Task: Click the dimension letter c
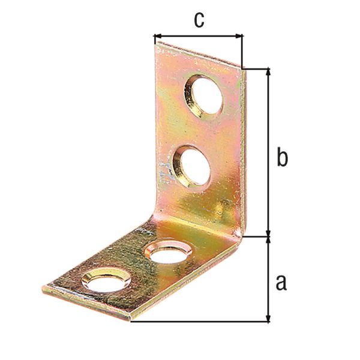pos(199,19)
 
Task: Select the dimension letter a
pos(281,281)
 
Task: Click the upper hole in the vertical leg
pos(203,95)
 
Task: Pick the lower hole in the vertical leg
pos(193,166)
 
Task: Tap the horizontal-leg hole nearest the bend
pos(169,252)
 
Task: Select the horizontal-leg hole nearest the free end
pos(106,280)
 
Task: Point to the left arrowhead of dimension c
pos(158,36)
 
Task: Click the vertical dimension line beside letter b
pos(268,153)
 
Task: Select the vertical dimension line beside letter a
pos(268,279)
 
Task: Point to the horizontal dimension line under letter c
pos(199,36)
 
